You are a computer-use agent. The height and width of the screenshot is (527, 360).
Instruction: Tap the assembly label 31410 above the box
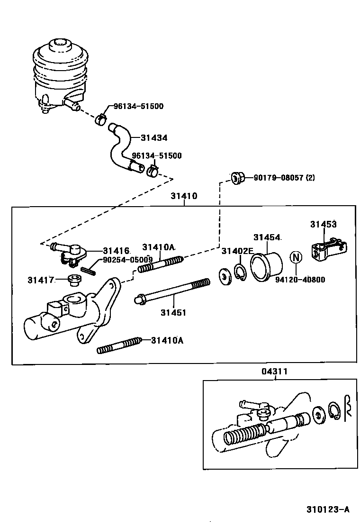[184, 196]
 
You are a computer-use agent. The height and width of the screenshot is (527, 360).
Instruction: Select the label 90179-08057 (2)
[284, 178]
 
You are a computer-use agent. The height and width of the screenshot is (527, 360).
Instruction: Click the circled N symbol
[296, 258]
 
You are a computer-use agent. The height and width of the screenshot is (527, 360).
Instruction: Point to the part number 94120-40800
[300, 280]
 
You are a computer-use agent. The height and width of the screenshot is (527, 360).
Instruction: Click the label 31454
[266, 237]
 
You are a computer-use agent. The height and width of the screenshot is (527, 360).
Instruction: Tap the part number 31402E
[237, 251]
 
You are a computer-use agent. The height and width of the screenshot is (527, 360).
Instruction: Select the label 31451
[173, 312]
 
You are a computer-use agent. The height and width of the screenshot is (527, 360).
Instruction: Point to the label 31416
[116, 250]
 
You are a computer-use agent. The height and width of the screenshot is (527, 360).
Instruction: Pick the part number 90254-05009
[127, 260]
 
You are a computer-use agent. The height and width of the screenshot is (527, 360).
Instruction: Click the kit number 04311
[274, 372]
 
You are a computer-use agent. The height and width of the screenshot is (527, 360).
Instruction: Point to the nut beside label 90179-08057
[238, 178]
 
